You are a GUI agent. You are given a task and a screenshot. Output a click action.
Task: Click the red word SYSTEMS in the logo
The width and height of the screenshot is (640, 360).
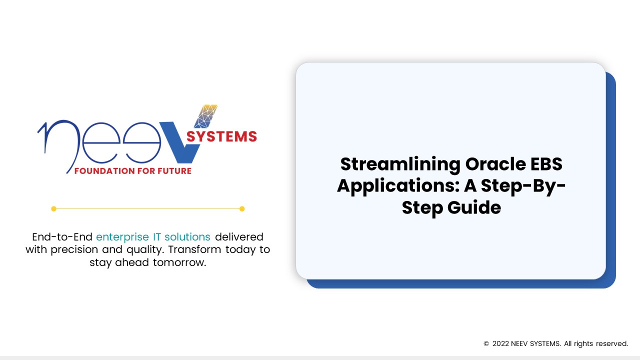point(221,136)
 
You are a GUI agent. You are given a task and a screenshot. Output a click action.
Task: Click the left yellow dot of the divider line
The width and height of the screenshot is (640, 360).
point(53,209)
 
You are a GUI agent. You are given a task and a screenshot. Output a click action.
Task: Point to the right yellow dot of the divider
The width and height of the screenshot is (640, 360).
point(242,209)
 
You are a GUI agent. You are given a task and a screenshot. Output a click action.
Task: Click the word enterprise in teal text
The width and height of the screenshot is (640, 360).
point(122,237)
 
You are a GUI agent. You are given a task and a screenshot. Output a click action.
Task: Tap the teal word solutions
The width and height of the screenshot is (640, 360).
point(187,237)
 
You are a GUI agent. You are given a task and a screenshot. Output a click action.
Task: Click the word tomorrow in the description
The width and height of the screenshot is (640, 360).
point(179,262)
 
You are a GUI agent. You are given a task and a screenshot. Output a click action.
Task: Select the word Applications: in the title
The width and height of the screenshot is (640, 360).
point(398,186)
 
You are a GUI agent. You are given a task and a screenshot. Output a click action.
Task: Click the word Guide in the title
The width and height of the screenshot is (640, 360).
point(474,207)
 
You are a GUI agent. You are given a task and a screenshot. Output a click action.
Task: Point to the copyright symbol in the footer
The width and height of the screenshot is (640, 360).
point(486,343)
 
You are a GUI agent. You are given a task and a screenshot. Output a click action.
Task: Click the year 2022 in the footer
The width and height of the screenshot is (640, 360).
point(500,343)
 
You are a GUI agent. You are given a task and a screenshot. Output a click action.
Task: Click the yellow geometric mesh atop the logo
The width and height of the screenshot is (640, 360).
point(205,116)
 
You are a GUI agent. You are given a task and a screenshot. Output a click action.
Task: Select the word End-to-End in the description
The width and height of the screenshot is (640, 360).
point(62,237)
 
